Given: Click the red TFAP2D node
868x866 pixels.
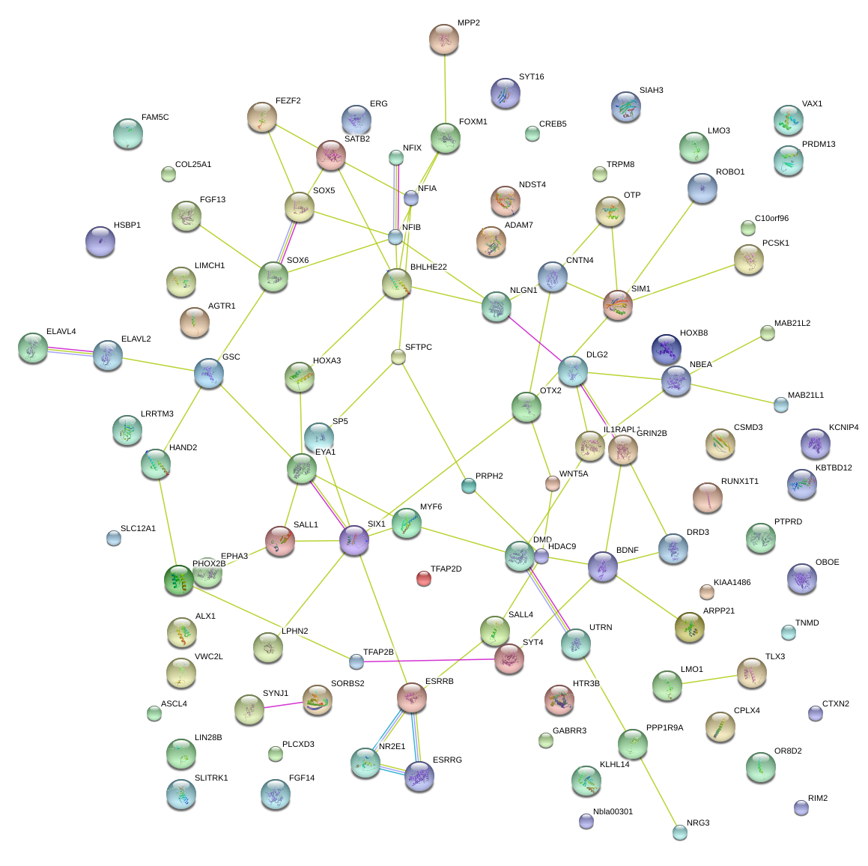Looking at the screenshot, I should click(424, 578).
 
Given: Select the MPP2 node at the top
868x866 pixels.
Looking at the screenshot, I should click(444, 39).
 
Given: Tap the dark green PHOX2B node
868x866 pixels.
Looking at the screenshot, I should click(178, 579).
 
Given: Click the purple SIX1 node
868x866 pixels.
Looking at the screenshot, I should click(354, 539).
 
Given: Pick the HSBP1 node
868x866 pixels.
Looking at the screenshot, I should click(100, 240).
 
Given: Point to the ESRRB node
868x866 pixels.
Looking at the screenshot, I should click(412, 697).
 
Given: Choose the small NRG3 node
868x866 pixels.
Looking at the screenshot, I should click(679, 832).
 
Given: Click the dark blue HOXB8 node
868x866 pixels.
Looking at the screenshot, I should click(666, 348).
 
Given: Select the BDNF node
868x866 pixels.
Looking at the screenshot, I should click(603, 566).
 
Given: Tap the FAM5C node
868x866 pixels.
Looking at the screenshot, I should click(127, 133).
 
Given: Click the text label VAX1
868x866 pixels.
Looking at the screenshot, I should click(812, 104).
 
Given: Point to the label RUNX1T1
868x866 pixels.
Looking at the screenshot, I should click(739, 482).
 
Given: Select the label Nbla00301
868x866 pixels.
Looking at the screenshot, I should click(613, 812).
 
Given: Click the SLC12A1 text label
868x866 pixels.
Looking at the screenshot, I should click(138, 529).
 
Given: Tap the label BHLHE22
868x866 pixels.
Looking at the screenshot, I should click(428, 267).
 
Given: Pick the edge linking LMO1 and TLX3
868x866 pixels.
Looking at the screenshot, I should click(709, 679).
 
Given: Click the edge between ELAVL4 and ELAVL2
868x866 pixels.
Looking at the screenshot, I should click(70, 351).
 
